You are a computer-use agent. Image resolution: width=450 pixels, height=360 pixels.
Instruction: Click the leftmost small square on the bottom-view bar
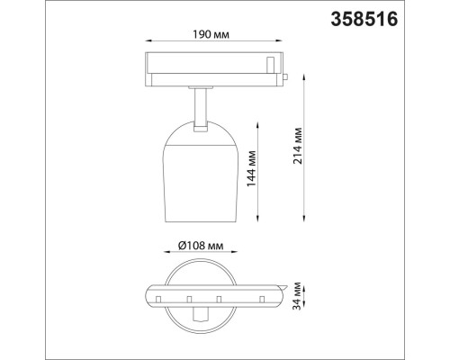(x=157, y=296)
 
